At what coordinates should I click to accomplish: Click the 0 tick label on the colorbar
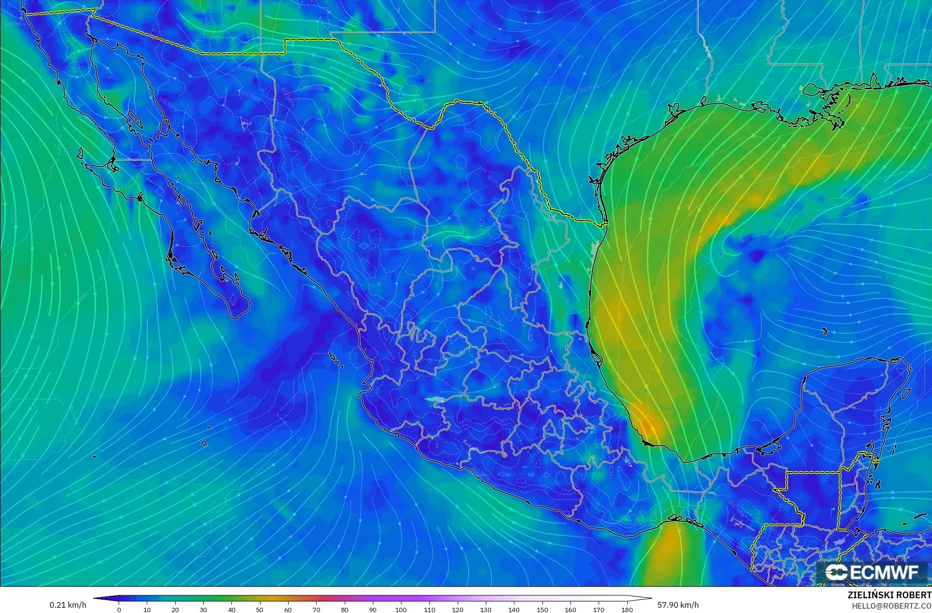pyautogui.click(x=119, y=610)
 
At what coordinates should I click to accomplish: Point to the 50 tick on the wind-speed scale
pyautogui.click(x=260, y=610)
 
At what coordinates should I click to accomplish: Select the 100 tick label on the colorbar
pyautogui.click(x=401, y=610)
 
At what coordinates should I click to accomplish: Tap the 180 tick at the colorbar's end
pyautogui.click(x=627, y=610)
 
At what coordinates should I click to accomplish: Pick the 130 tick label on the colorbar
pyautogui.click(x=485, y=610)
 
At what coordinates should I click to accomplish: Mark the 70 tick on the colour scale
pyautogui.click(x=316, y=610)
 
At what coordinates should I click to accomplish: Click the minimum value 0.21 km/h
pyautogui.click(x=68, y=605)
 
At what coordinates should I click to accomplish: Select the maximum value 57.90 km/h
pyautogui.click(x=678, y=605)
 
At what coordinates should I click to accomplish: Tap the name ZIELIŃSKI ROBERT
pyautogui.click(x=890, y=595)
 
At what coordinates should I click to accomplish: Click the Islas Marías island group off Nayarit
pyautogui.click(x=336, y=361)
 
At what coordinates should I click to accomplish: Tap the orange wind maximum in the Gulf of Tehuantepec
pyautogui.click(x=669, y=541)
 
